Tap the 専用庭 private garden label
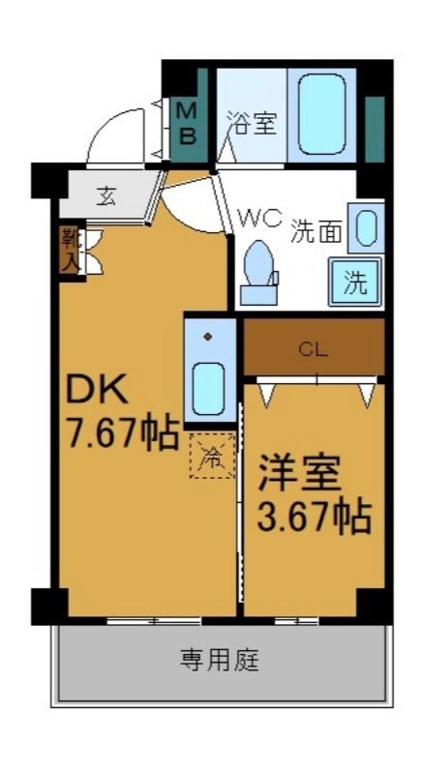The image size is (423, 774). coord(219,662)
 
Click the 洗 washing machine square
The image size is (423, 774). coord(356,283)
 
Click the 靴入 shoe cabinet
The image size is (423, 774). coord(70,250)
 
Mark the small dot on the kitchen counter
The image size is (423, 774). coord(208,337)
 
